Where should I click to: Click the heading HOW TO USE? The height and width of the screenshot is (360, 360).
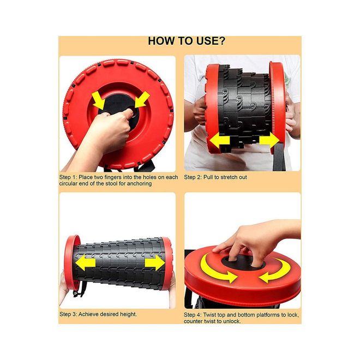click(x=187, y=41)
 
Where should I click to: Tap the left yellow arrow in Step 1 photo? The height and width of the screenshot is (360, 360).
click(x=99, y=100)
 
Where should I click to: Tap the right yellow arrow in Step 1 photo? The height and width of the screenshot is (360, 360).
click(x=142, y=99)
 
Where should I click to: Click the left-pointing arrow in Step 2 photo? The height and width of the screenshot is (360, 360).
click(x=220, y=141)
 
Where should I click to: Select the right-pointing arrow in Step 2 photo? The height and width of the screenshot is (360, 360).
click(x=269, y=140)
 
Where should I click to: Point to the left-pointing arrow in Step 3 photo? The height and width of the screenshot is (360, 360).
click(x=85, y=262)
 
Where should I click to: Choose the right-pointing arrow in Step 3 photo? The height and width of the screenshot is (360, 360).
click(x=155, y=262)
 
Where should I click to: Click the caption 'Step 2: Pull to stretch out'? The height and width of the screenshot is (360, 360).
click(x=215, y=177)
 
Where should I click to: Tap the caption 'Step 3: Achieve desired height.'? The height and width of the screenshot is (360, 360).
click(x=98, y=314)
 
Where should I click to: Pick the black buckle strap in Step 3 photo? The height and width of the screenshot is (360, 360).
click(x=79, y=290)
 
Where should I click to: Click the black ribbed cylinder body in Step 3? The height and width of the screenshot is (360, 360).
click(x=119, y=262)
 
